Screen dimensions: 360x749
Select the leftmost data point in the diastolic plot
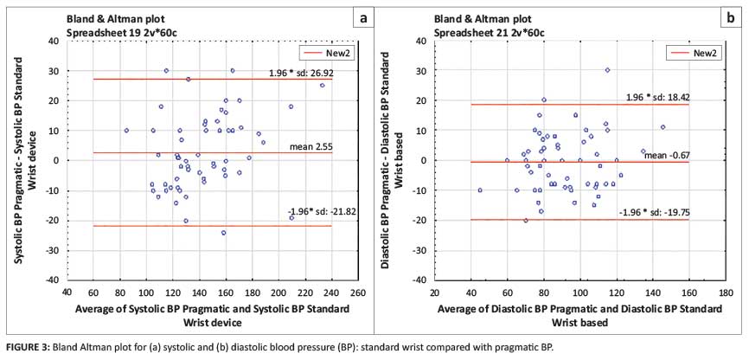click(x=480, y=190)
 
